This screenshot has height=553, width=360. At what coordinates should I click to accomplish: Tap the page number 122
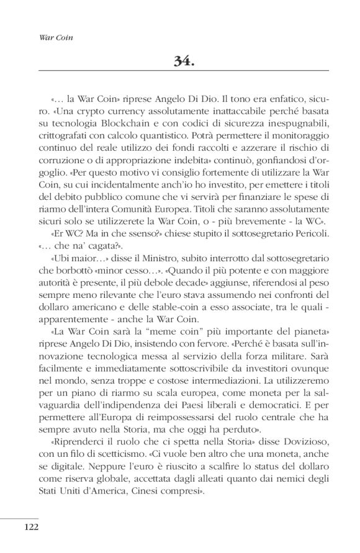point(32,527)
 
